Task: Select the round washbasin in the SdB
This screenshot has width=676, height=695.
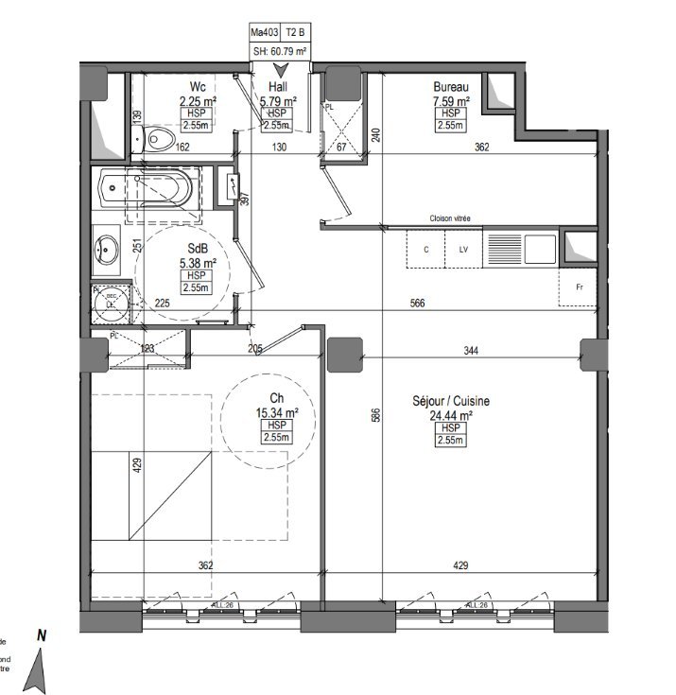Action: tap(106, 252)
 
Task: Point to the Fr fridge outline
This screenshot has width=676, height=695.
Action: tap(578, 287)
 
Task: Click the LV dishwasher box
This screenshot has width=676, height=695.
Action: tap(463, 250)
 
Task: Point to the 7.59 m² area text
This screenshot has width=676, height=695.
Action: tap(450, 100)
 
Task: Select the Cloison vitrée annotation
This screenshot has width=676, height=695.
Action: tap(450, 218)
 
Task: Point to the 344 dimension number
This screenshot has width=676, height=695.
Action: tap(471, 351)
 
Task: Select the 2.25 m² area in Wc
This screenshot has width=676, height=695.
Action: tap(198, 100)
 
